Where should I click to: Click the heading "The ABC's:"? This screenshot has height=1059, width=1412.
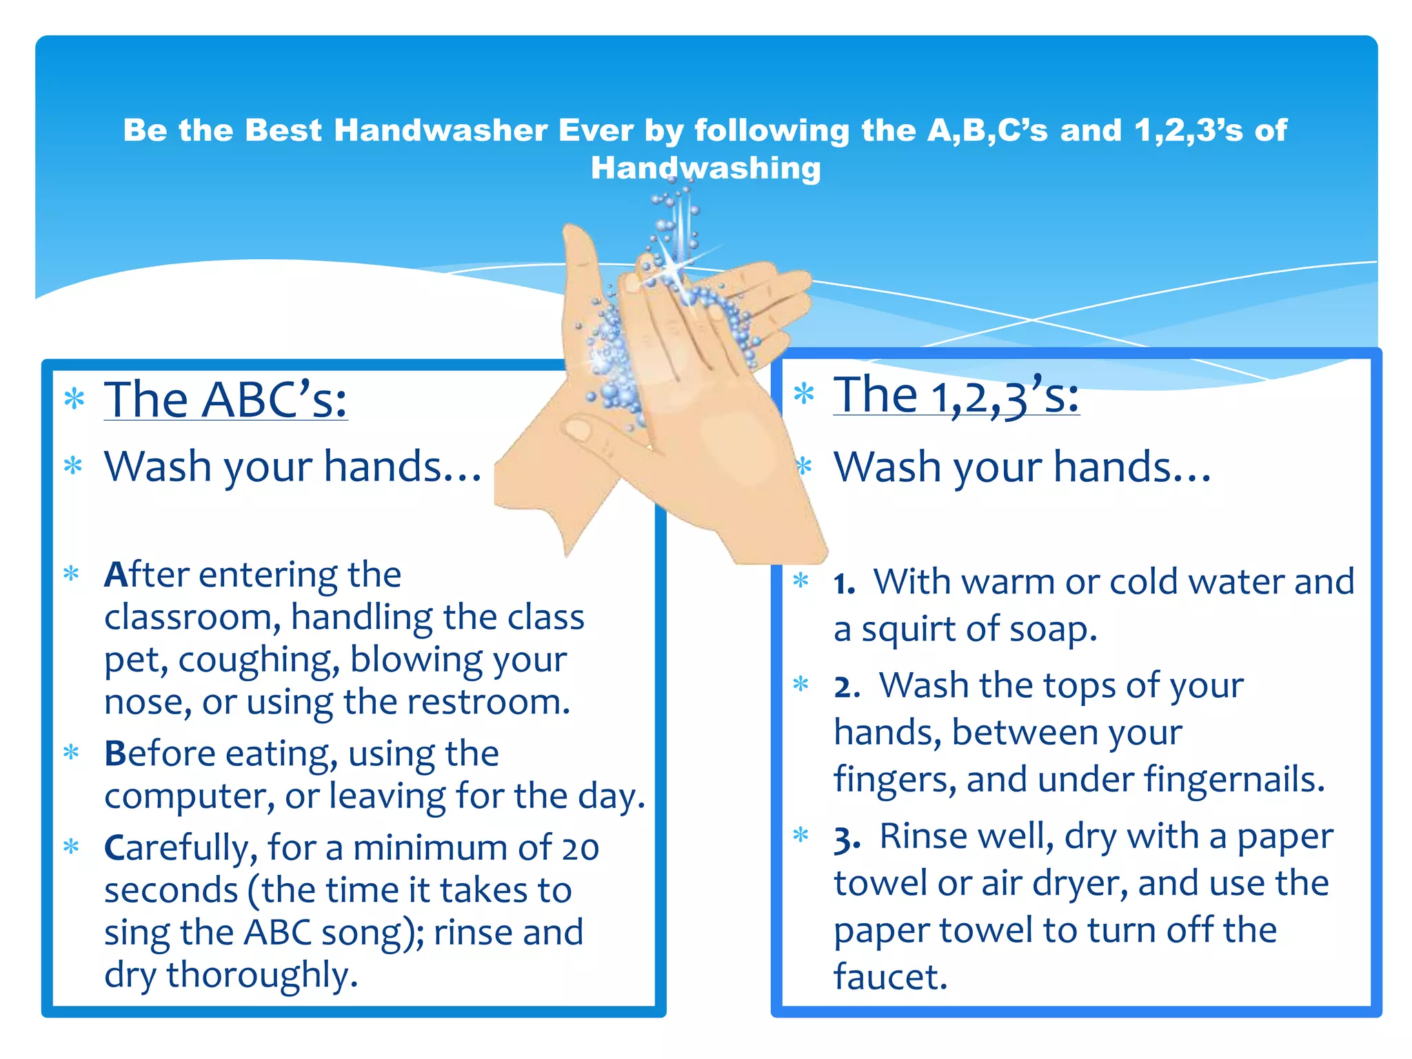click(225, 400)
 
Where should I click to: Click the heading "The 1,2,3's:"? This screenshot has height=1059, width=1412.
click(956, 396)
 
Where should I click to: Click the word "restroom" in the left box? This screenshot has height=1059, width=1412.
click(487, 702)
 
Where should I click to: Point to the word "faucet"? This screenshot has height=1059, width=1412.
click(890, 977)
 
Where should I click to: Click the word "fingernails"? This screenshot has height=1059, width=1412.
click(1233, 780)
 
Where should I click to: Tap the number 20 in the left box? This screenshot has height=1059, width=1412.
click(580, 849)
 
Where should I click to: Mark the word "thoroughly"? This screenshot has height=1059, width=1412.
click(261, 976)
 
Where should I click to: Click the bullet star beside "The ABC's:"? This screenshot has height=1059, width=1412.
click(74, 399)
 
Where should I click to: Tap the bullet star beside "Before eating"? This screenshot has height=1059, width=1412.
click(72, 752)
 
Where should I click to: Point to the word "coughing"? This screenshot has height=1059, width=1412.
click(259, 660)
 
